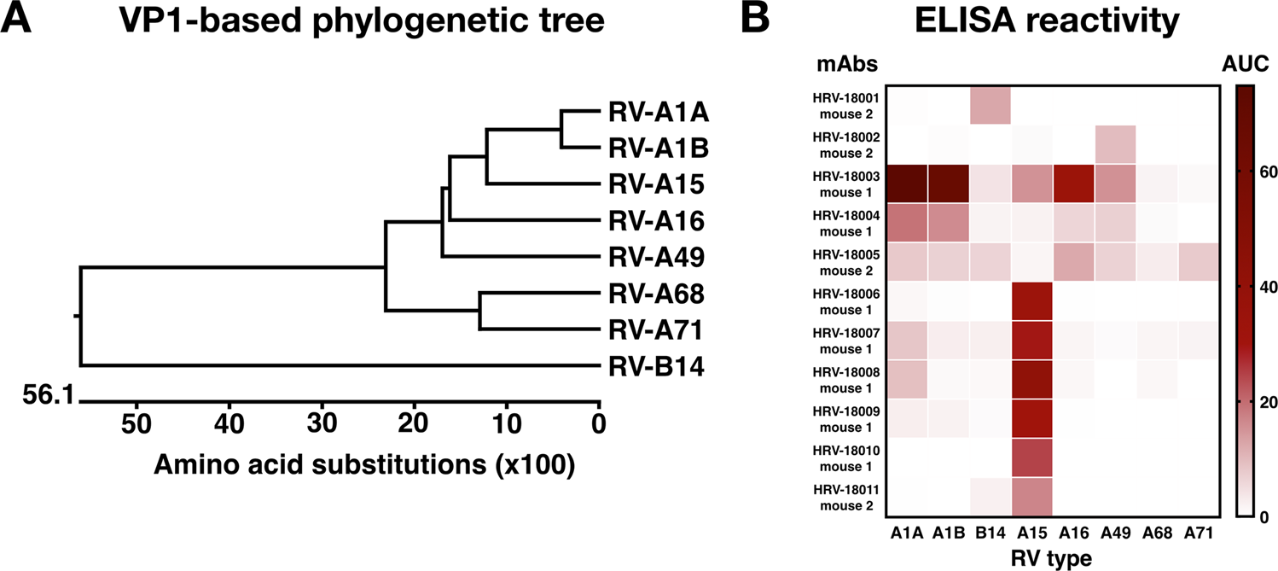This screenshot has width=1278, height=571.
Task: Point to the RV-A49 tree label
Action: click(x=655, y=257)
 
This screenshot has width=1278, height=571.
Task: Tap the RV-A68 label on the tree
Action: click(x=655, y=294)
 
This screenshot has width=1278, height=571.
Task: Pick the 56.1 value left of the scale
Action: click(x=47, y=398)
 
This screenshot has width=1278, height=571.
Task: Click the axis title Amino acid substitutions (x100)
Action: click(x=363, y=466)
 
